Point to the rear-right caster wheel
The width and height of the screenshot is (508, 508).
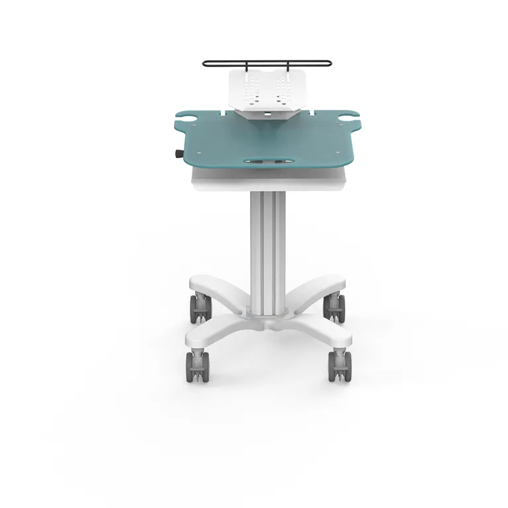pos(334,308)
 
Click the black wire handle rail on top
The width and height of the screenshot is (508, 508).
pos(267,64)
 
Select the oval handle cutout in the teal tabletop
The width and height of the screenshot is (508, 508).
pos(267,160)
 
